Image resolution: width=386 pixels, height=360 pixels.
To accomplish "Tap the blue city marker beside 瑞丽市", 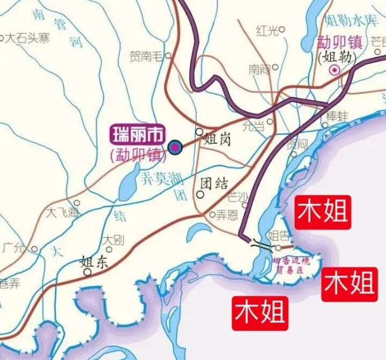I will [174, 146].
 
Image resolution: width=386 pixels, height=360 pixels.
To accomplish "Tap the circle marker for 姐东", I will [87, 272].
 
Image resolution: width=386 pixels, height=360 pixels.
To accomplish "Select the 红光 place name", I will [268, 31].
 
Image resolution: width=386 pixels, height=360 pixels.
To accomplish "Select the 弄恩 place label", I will [227, 216].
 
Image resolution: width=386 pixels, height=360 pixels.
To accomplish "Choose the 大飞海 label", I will [62, 212].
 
